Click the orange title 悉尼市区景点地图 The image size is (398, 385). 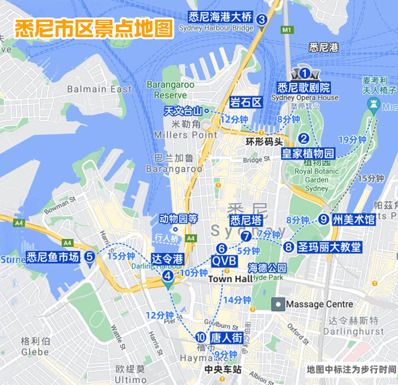click(x=94, y=29)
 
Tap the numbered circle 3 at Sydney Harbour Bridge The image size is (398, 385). click(x=262, y=19)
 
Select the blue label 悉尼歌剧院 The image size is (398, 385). click(x=303, y=88)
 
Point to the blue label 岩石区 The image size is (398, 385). click(x=246, y=103)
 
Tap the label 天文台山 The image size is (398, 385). click(x=184, y=111)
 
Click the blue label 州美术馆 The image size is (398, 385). click(x=353, y=219)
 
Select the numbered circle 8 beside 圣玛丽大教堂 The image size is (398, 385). click(x=289, y=247)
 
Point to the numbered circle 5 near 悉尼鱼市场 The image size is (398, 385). click(x=90, y=257)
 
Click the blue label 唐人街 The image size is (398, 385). click(x=226, y=338)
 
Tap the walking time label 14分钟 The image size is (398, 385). click(x=236, y=300)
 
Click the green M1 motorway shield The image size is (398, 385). click(x=286, y=30)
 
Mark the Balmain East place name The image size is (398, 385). click(x=99, y=89)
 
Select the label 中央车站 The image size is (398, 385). click(x=223, y=370)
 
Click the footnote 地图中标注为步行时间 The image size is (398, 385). click(x=351, y=370)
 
